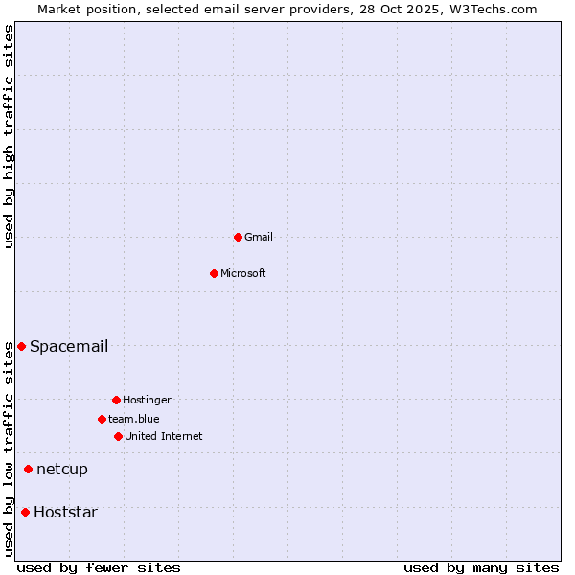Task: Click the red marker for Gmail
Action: (x=238, y=237)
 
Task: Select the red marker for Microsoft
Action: (x=215, y=273)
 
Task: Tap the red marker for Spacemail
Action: (x=21, y=346)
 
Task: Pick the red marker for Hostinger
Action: (x=116, y=400)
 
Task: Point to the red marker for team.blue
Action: (x=102, y=419)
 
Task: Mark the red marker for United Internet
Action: (x=118, y=436)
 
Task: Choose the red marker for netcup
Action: (x=28, y=469)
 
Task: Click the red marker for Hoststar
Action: (x=25, y=512)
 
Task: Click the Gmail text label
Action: (x=259, y=237)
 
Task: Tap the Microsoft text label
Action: (x=243, y=273)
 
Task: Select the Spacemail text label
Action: (x=69, y=346)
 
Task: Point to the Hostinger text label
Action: (x=147, y=400)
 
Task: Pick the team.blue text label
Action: (x=134, y=419)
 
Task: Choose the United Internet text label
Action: (x=164, y=436)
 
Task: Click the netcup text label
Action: (x=62, y=469)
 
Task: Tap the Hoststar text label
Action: (x=65, y=512)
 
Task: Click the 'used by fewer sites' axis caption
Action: (x=99, y=567)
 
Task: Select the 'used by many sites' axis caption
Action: (x=481, y=567)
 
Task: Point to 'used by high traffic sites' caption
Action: (x=9, y=136)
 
